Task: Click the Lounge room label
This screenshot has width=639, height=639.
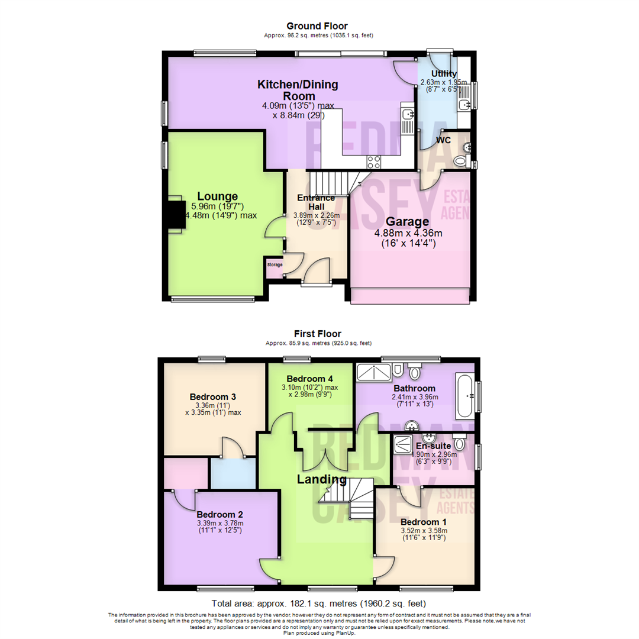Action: [x=217, y=196]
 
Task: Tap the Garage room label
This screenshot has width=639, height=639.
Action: [x=408, y=222]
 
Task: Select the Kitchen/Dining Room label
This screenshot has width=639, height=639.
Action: [x=298, y=90]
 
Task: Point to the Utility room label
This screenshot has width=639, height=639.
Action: [x=443, y=73]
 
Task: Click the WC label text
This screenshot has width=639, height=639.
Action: [x=444, y=140]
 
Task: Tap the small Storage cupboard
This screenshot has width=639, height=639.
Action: [x=275, y=264]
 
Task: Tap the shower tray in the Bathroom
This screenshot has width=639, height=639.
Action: [x=374, y=371]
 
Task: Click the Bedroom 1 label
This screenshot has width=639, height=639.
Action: [x=423, y=522]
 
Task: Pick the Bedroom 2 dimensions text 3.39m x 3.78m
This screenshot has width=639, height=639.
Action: [x=220, y=523]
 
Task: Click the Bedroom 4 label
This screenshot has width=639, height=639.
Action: [x=310, y=379]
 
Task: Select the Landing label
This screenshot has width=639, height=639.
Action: [x=322, y=479]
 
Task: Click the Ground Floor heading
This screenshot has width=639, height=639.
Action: [x=317, y=26]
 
